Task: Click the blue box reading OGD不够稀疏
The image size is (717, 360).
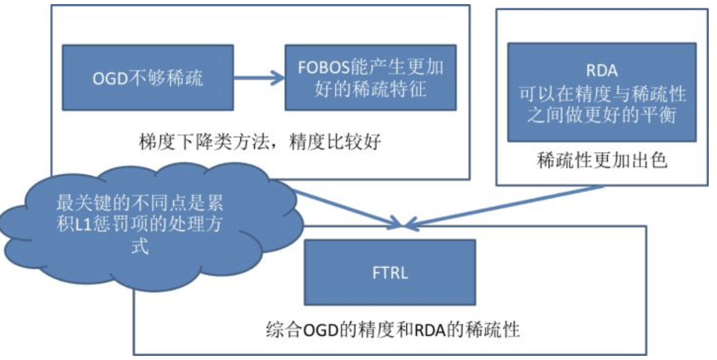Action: point(148,78)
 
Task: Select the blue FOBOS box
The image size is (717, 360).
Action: point(370,77)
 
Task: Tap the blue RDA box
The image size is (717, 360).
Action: point(601,92)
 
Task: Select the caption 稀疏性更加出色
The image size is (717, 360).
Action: point(602,161)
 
